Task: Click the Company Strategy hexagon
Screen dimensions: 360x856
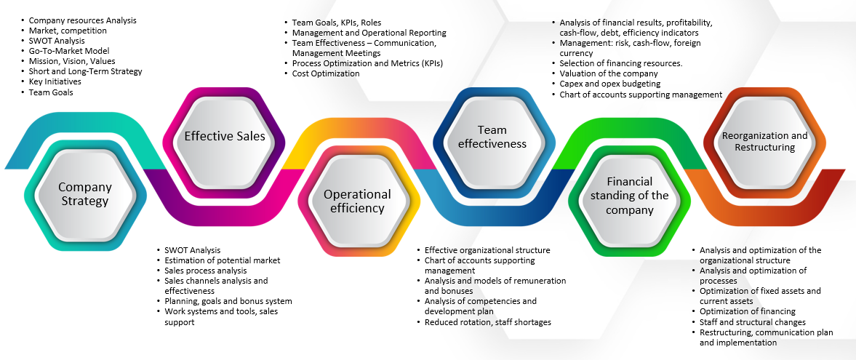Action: pos(84,194)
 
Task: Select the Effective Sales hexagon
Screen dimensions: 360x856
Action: pos(224,136)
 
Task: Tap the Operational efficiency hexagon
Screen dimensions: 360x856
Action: pos(357,201)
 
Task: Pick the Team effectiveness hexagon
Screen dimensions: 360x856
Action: pos(492,136)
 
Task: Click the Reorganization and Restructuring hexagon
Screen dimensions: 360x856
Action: pos(764,141)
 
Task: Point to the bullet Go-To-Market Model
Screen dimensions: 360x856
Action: pos(69,51)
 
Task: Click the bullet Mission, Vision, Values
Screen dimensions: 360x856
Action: pos(72,61)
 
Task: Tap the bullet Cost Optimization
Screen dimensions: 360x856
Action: pos(326,73)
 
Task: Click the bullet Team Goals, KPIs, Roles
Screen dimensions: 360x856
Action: pos(336,23)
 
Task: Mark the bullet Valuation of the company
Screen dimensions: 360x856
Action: pos(609,73)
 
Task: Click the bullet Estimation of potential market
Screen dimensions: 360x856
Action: pos(223,260)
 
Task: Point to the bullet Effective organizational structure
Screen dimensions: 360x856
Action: pos(487,250)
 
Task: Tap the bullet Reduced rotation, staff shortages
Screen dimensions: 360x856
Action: pos(488,322)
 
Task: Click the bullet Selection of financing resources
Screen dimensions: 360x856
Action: pos(621,63)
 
